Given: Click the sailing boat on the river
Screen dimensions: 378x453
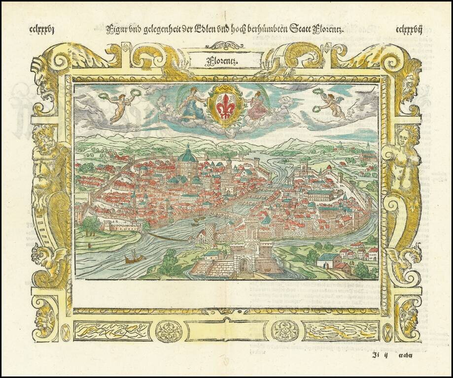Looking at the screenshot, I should click(134, 256).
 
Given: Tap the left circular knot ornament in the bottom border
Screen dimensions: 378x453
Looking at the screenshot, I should click(169, 331).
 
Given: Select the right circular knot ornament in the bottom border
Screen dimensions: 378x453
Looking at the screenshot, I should click(284, 331).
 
